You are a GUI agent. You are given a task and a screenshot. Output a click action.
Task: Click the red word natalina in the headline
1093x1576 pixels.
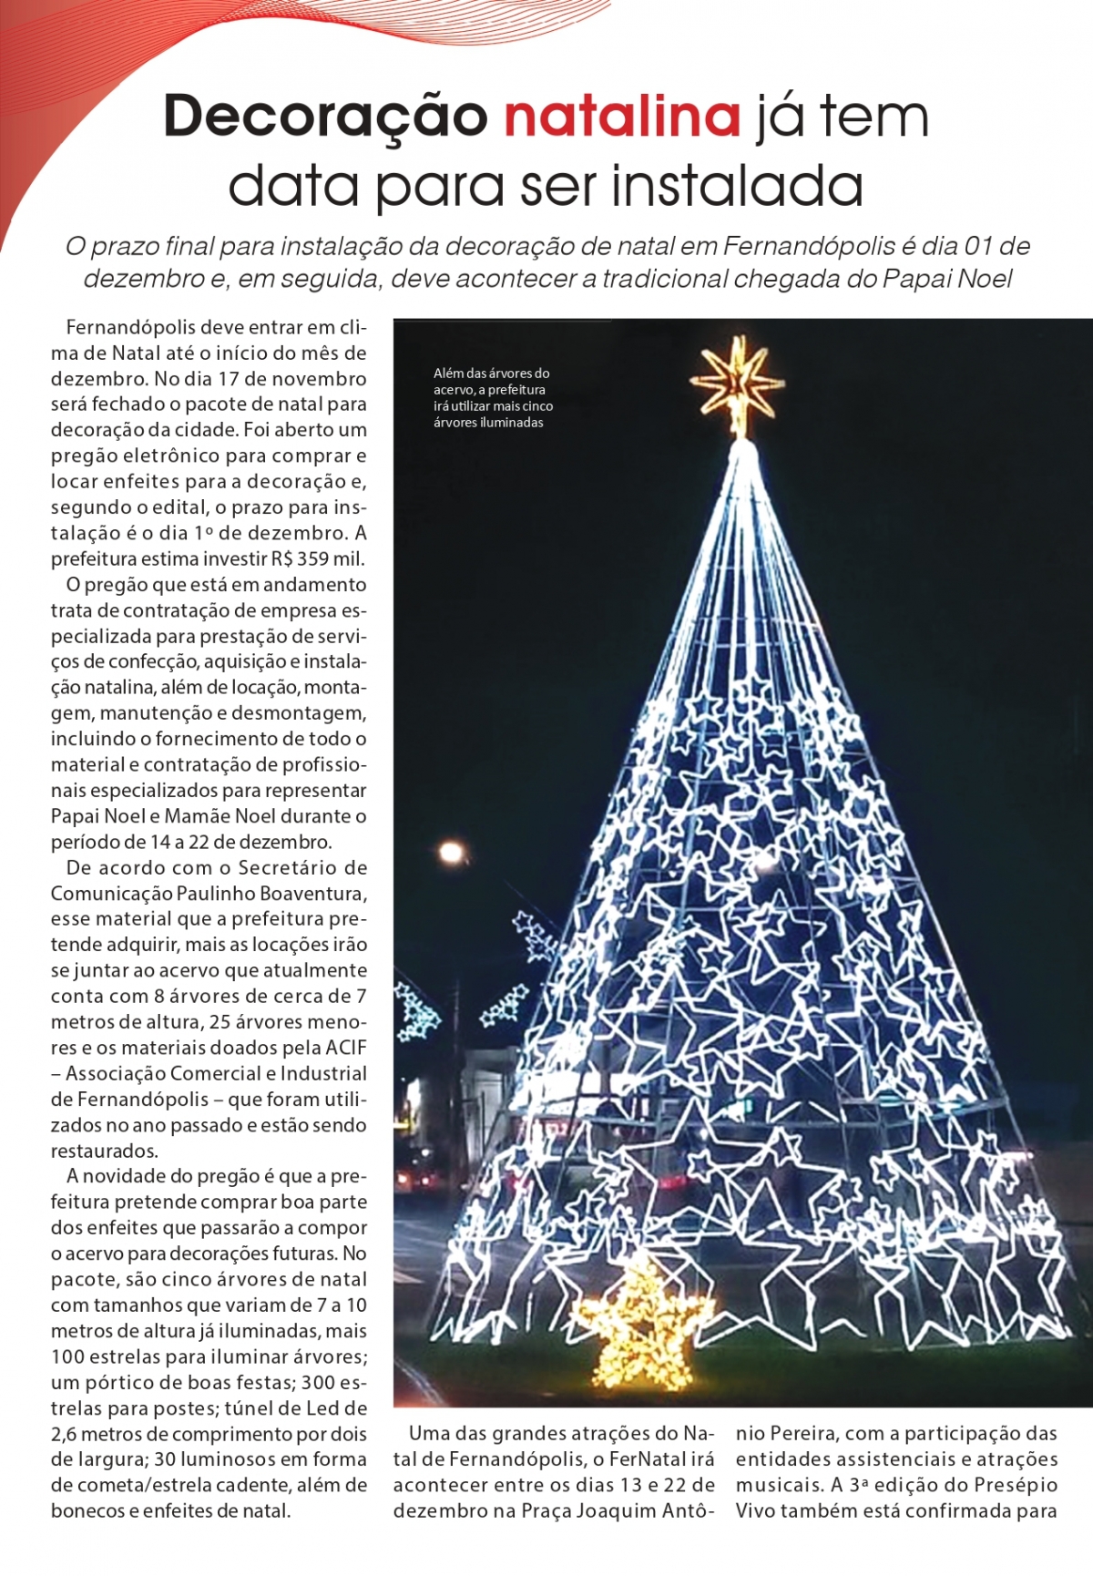pos(622,117)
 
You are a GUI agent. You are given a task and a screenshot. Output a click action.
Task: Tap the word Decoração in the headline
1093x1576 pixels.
pos(326,117)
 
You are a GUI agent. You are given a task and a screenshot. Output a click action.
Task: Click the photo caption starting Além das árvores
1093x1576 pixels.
pos(493,397)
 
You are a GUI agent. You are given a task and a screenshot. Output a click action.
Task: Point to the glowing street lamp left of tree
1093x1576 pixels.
pos(451,854)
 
